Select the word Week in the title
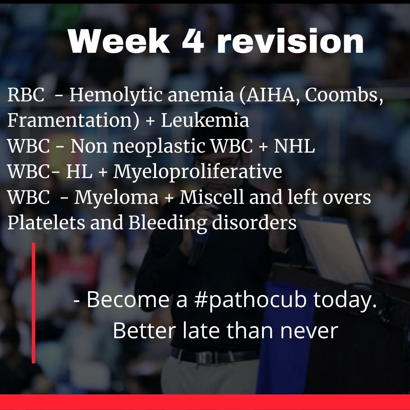[119, 41]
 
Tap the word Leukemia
[205, 120]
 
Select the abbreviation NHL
[294, 146]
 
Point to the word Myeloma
[117, 198]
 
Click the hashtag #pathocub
[250, 300]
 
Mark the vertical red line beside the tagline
[33, 303]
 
